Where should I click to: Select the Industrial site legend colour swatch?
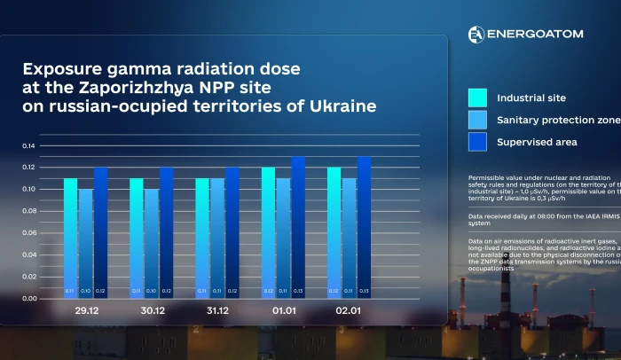tap(477, 98)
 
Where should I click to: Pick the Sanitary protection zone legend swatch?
tap(477, 120)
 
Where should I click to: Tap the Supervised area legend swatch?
tap(477, 142)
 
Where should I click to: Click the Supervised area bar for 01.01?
tap(298, 227)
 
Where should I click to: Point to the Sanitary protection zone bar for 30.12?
tap(151, 243)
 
